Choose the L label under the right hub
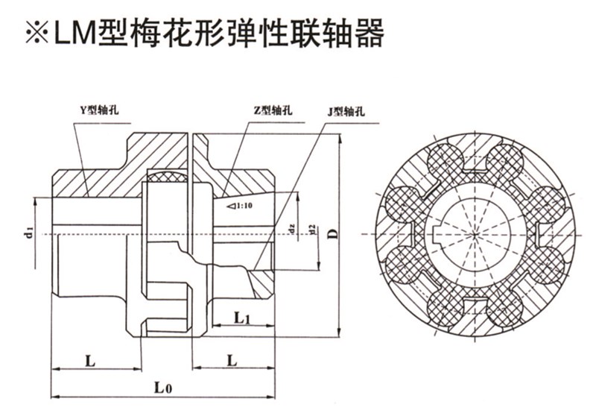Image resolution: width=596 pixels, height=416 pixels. point(233,361)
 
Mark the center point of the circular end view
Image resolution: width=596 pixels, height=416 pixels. point(475,233)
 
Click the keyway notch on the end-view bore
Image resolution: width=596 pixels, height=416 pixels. point(437,233)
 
